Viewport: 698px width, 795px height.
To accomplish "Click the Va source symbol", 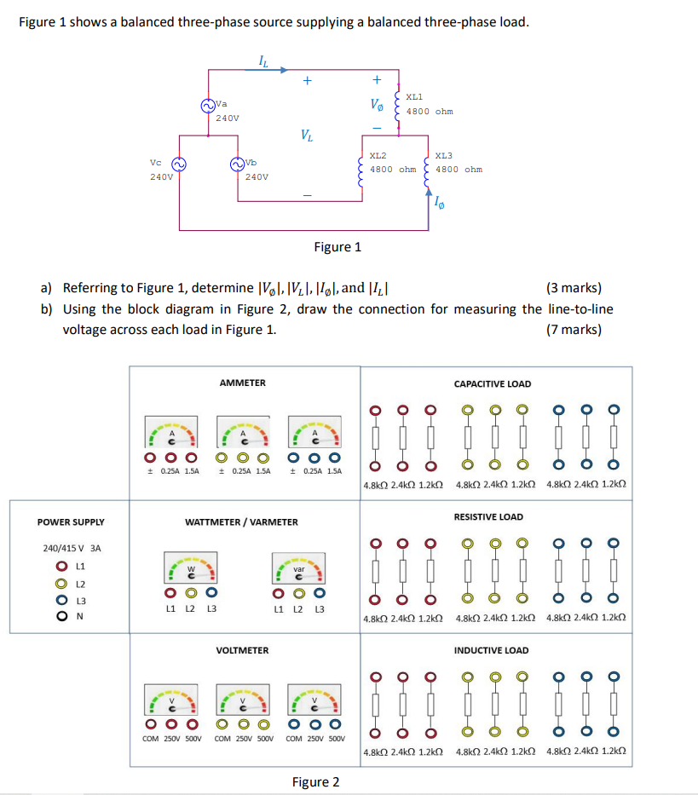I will (x=207, y=106).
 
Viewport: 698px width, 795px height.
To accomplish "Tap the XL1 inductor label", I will (x=415, y=98).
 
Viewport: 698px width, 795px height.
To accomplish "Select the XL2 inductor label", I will (x=378, y=156).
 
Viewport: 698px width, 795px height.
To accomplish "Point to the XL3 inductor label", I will (x=444, y=156).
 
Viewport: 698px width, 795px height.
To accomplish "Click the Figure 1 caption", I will (x=337, y=247).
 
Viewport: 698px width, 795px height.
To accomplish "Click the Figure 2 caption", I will (x=315, y=782).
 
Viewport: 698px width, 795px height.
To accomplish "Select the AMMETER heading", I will (x=243, y=383).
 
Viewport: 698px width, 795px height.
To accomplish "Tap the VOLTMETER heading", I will (x=243, y=650).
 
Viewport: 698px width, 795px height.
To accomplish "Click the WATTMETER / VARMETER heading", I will (x=242, y=521).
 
